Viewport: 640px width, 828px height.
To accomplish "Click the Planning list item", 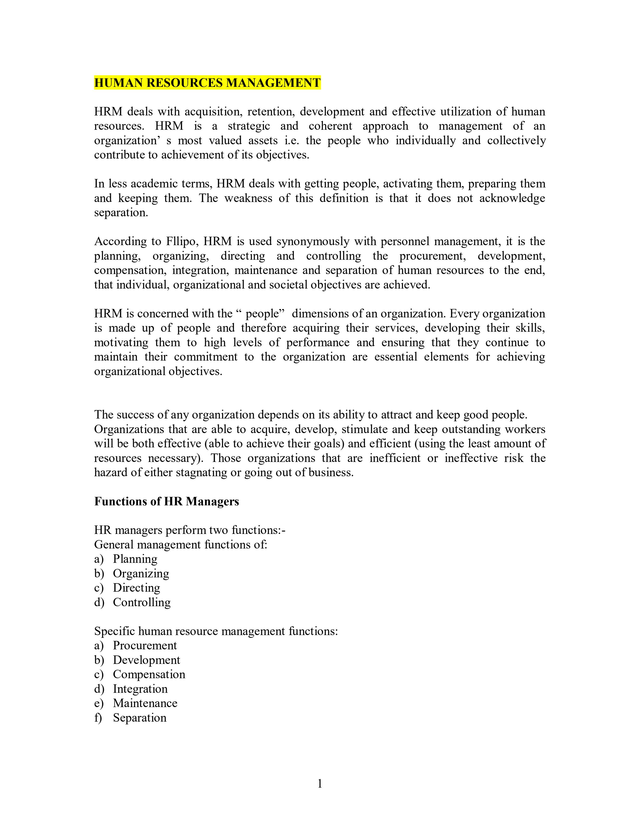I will coord(135,559).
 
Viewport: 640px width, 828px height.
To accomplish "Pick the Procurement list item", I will coord(145,645).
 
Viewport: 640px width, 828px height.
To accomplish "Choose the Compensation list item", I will coord(149,674).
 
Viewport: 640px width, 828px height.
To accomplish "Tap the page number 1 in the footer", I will coord(319,783).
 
